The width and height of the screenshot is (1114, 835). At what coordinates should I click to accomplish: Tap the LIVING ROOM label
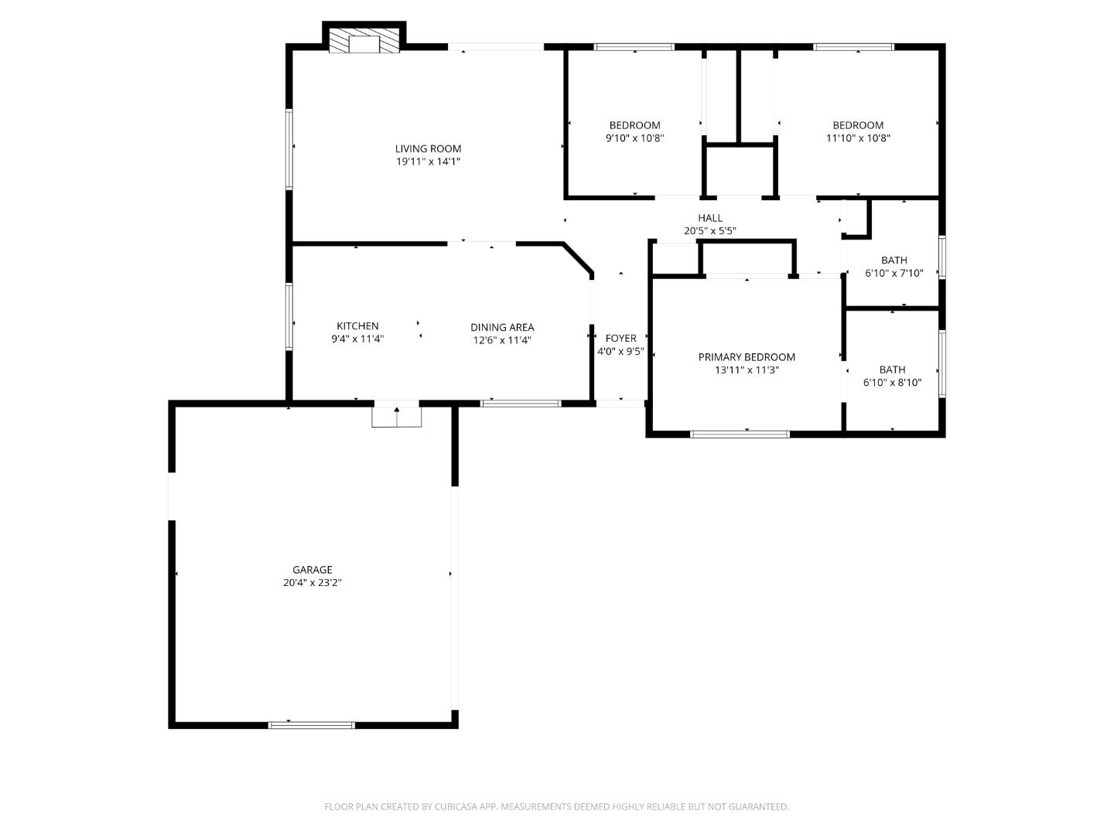pyautogui.click(x=428, y=148)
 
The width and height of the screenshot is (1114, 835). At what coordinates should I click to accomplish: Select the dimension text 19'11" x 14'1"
pyautogui.click(x=428, y=162)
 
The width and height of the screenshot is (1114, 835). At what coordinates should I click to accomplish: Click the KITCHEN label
pyautogui.click(x=357, y=326)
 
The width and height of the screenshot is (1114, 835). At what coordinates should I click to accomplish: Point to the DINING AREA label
pyautogui.click(x=502, y=327)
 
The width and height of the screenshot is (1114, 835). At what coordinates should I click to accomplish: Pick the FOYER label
pyautogui.click(x=620, y=338)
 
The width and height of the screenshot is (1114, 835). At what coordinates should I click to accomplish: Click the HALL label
pyautogui.click(x=709, y=218)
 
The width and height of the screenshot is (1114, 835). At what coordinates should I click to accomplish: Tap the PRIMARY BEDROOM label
pyautogui.click(x=747, y=357)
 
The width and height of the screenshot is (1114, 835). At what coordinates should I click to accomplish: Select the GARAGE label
pyautogui.click(x=312, y=570)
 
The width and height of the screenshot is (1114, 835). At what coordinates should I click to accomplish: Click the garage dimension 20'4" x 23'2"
pyautogui.click(x=312, y=583)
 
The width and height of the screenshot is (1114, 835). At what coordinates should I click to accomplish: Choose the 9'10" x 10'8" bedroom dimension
pyautogui.click(x=634, y=138)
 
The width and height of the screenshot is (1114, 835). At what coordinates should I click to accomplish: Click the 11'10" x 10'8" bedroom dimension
pyautogui.click(x=858, y=138)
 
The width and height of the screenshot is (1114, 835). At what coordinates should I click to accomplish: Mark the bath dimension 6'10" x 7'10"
pyautogui.click(x=894, y=273)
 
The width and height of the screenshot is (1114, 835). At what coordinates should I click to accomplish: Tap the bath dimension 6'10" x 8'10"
pyautogui.click(x=892, y=383)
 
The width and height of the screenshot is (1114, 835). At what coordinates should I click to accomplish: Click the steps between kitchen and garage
pyautogui.click(x=397, y=416)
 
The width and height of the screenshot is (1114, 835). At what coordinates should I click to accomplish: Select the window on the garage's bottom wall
pyautogui.click(x=311, y=725)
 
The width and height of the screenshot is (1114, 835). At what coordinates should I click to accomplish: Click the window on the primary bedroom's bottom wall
pyautogui.click(x=740, y=435)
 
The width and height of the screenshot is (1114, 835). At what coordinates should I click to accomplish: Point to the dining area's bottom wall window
pyautogui.click(x=521, y=403)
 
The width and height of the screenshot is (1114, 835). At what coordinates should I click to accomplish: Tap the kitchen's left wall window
pyautogui.click(x=289, y=317)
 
